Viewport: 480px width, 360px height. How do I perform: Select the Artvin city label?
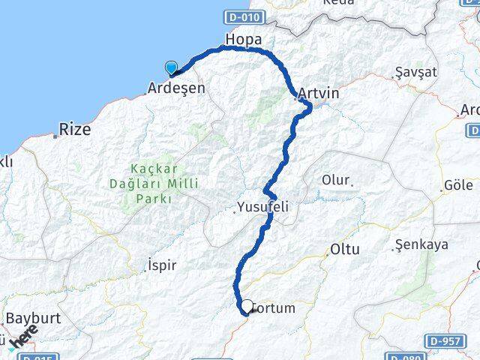click(x=318, y=94)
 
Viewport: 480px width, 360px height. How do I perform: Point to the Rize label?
click(x=76, y=129)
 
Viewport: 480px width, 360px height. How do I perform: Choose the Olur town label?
click(x=335, y=181)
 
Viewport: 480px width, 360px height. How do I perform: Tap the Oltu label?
click(x=344, y=250)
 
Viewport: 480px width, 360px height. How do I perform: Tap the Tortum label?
click(x=274, y=308)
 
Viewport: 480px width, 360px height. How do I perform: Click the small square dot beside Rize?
click(x=55, y=136)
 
